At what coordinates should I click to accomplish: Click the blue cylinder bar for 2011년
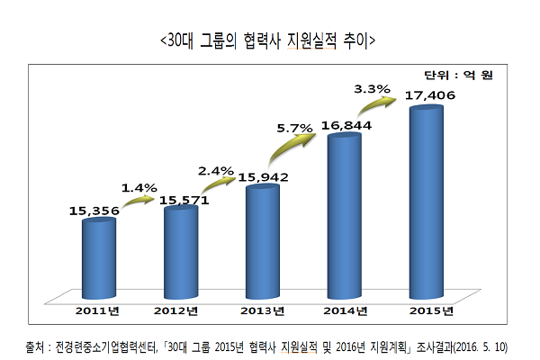pos(98,258)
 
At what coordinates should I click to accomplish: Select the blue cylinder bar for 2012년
pos(180,253)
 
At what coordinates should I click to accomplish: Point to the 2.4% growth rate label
pos(216,168)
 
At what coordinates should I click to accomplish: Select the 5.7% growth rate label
pos(294,127)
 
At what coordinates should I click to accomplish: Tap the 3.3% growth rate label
pos(372,88)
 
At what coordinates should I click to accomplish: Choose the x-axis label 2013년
pos(262,310)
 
